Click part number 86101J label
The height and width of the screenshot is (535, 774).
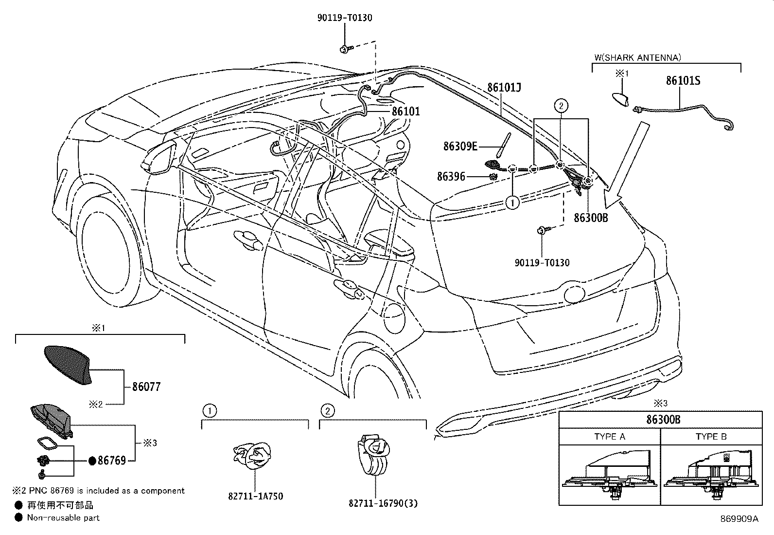pos(504,87)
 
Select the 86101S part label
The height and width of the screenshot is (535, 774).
pos(683,80)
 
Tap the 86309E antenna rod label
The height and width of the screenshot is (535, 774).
pos(460,146)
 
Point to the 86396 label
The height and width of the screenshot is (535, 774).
pos(451,177)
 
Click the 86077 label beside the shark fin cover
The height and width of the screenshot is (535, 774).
pos(146,387)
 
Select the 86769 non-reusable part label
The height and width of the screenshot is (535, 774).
pos(111,460)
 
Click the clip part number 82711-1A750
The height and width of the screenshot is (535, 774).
pos(255,496)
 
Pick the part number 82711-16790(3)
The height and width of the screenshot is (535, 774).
pos(383,503)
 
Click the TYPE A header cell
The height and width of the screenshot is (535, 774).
pos(609,437)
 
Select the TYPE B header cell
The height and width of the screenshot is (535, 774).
pos(711,437)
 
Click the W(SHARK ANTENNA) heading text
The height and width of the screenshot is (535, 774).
pos(637,57)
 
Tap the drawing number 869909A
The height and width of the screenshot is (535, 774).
pos(739,519)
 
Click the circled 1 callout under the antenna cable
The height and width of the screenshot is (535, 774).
pos(512,202)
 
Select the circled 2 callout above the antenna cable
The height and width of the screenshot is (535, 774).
pos(561,105)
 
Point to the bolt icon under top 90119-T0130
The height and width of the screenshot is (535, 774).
pos(344,48)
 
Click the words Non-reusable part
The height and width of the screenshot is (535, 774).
pos(63,517)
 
